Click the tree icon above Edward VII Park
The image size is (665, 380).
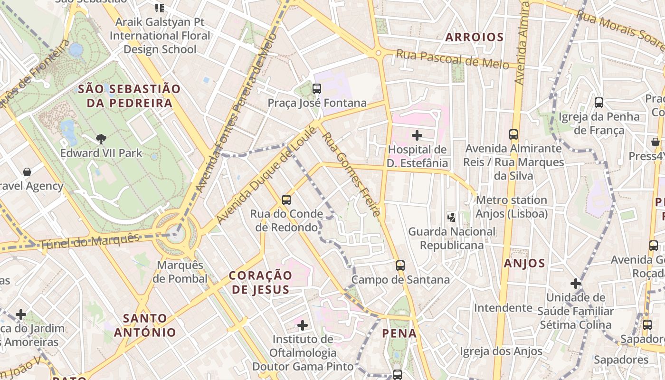click(101, 139)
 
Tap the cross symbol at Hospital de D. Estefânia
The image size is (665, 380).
click(417, 135)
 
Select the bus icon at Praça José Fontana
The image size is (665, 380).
click(317, 88)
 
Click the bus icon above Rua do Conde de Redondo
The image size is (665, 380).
click(286, 199)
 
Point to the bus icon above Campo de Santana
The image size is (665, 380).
click(400, 265)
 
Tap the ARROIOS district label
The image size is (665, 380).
click(474, 37)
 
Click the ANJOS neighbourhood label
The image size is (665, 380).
click(524, 263)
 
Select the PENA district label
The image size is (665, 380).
click(399, 333)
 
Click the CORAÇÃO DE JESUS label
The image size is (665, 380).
click(260, 282)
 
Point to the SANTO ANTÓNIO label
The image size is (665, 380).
click(145, 325)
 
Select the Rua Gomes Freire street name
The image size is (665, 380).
click(351, 174)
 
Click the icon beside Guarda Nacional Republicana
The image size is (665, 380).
click(451, 217)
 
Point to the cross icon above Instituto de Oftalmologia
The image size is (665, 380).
click(303, 325)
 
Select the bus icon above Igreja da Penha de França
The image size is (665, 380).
click(599, 102)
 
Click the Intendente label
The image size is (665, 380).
click(503, 308)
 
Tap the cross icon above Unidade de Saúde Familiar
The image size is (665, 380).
click(576, 284)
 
